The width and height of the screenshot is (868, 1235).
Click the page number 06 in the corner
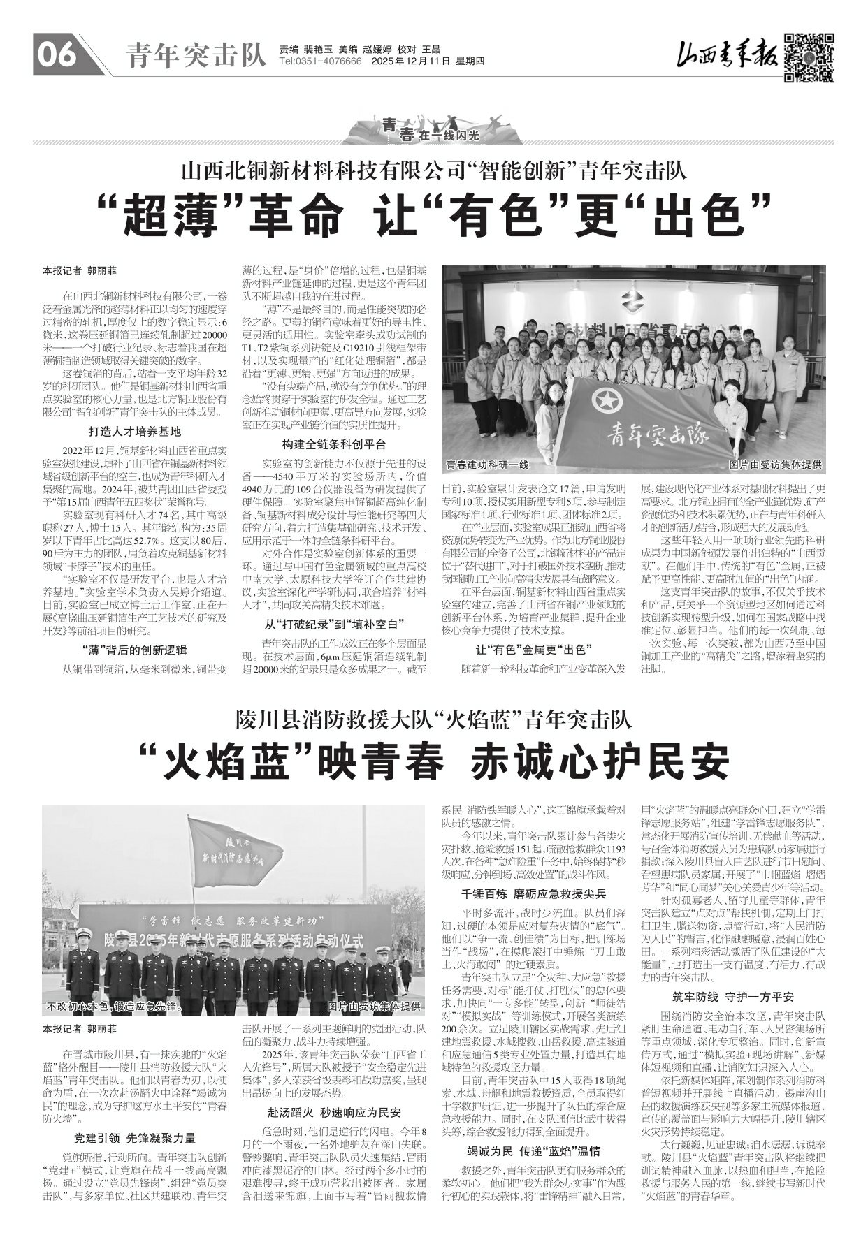[x=57, y=55]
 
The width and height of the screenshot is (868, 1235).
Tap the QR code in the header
[x=808, y=57]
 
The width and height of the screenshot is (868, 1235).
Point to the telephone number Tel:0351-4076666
[x=320, y=62]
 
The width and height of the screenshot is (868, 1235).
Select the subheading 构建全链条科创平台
[x=333, y=444]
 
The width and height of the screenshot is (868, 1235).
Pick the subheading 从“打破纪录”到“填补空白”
[x=333, y=624]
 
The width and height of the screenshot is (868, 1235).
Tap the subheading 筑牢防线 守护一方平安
[x=733, y=996]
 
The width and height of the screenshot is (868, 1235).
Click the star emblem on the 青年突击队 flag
[x=605, y=401]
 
